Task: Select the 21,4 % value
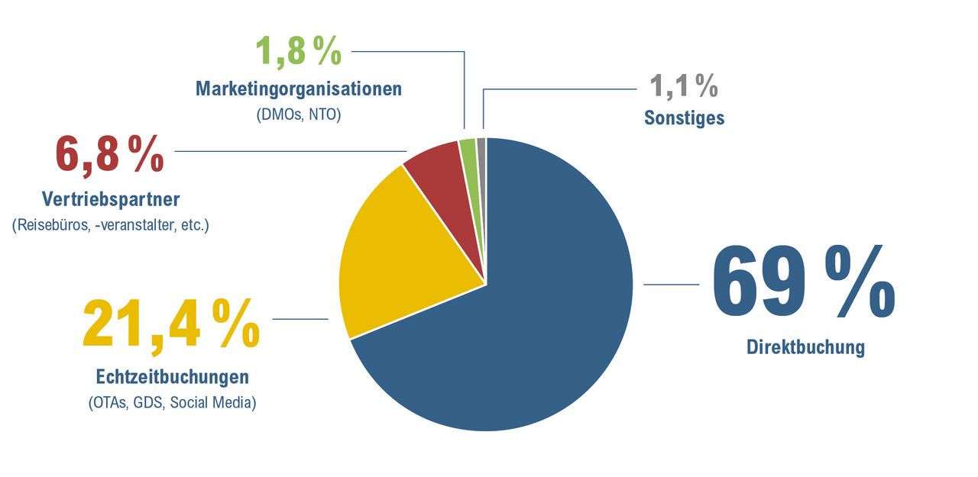click(x=170, y=324)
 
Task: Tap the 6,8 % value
click(x=109, y=154)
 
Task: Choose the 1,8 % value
click(x=297, y=52)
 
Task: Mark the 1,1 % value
click(x=683, y=85)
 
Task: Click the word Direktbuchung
click(x=805, y=347)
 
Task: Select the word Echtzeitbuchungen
click(x=173, y=377)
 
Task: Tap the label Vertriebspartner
click(x=111, y=200)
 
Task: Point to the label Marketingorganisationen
click(x=299, y=89)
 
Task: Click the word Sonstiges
click(x=684, y=118)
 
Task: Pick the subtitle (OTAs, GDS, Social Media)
click(x=173, y=402)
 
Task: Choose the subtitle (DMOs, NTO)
click(x=299, y=114)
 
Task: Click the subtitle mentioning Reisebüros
click(x=111, y=225)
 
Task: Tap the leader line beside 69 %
click(x=672, y=284)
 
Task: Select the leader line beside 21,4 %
click(x=300, y=319)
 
